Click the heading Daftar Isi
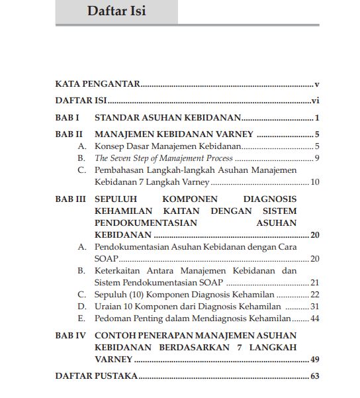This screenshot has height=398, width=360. [x=116, y=12]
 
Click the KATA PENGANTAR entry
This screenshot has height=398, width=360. [x=97, y=85]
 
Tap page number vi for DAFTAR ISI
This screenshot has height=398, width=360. [x=316, y=101]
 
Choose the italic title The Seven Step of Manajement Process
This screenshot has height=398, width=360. [x=163, y=158]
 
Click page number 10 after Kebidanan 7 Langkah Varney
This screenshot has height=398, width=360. [x=315, y=182]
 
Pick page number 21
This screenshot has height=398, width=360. [x=315, y=282]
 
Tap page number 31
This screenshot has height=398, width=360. [x=315, y=307]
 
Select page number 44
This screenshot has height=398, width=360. [x=315, y=319]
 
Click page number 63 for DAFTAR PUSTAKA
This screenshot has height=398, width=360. [x=315, y=376]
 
